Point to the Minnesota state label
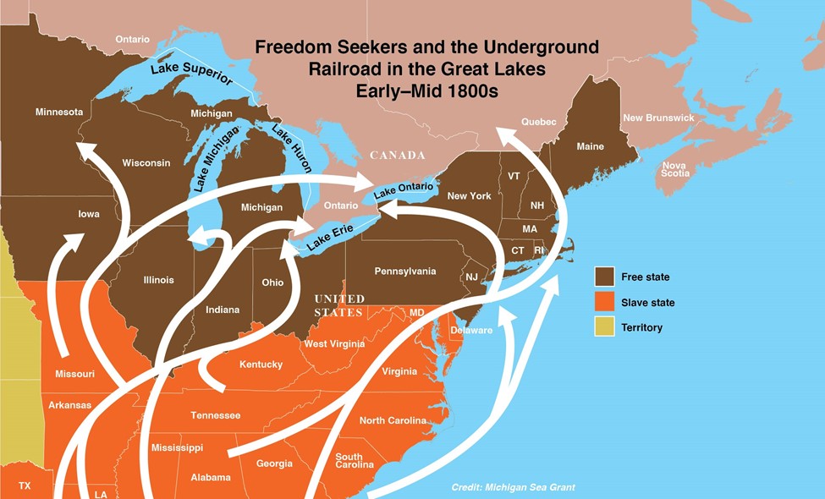pyautogui.click(x=59, y=112)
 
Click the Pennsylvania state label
pyautogui.click(x=405, y=271)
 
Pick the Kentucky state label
pyautogui.click(x=261, y=364)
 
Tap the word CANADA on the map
pyautogui.click(x=397, y=156)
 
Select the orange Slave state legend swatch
pyautogui.click(x=603, y=302)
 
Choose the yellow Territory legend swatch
pyautogui.click(x=603, y=326)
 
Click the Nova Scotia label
pyautogui.click(x=674, y=169)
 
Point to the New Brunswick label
pyautogui.click(x=658, y=118)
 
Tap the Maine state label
pyautogui.click(x=590, y=146)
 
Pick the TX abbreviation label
pyautogui.click(x=25, y=485)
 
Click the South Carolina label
pyautogui.click(x=349, y=461)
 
